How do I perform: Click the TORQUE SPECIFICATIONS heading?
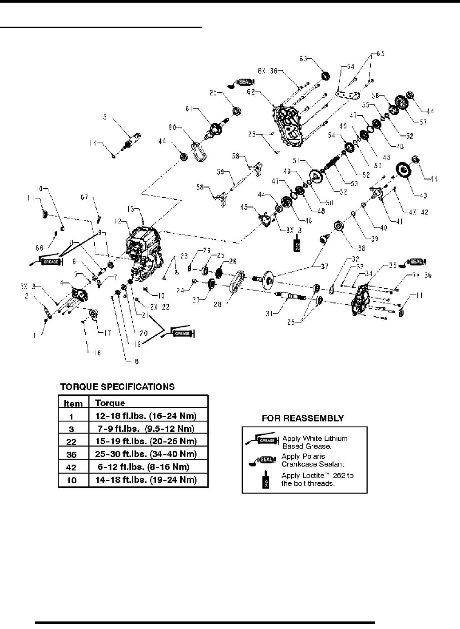point(117,386)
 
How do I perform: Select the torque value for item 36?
point(146,454)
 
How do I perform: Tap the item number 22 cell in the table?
point(71,442)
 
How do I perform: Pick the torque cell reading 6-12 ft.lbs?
point(143,467)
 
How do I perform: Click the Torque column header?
point(110,403)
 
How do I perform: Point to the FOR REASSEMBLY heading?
point(302,418)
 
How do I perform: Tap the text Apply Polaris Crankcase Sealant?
point(313,460)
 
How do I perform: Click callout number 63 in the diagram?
point(303,58)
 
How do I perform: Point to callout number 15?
point(103,117)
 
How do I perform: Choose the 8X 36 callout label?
point(267,70)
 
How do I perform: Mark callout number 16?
point(96,353)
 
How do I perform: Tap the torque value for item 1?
point(146,416)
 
